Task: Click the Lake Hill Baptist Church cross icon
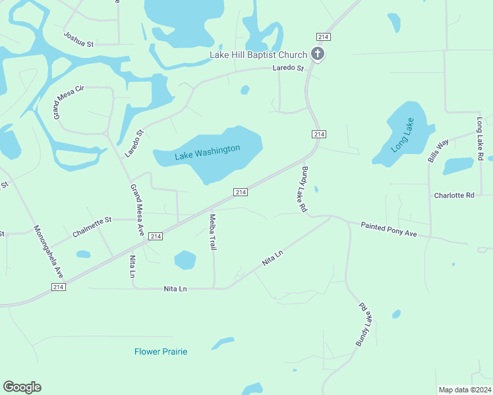click(318, 55)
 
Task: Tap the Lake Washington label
click(208, 153)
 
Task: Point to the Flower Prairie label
click(161, 352)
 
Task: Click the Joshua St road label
click(79, 39)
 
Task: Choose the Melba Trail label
click(214, 232)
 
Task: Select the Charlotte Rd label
click(454, 196)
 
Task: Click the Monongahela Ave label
click(49, 251)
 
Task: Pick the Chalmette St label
click(93, 226)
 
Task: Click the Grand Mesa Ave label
click(137, 211)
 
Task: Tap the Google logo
click(22, 387)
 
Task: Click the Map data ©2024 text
click(465, 389)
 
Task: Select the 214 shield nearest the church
click(322, 37)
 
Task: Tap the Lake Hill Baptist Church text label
click(258, 55)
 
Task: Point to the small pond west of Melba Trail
click(185, 260)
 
